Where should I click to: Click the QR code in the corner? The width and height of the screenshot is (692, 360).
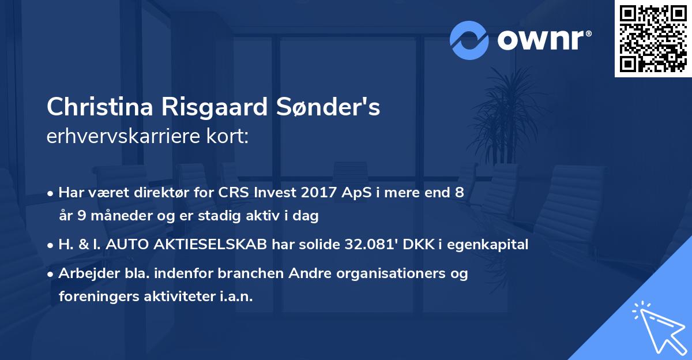point(653,39)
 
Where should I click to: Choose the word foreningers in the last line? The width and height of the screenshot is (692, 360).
point(95,297)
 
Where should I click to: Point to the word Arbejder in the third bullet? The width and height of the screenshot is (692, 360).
point(85,273)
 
